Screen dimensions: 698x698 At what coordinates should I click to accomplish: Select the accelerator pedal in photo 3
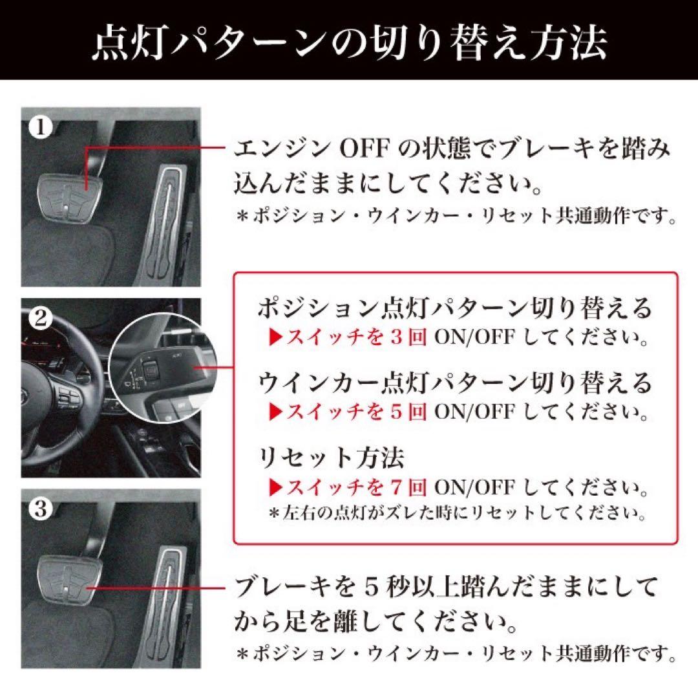165,604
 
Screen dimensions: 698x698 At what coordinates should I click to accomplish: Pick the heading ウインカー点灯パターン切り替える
454,383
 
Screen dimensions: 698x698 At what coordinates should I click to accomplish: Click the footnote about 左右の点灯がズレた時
458,514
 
